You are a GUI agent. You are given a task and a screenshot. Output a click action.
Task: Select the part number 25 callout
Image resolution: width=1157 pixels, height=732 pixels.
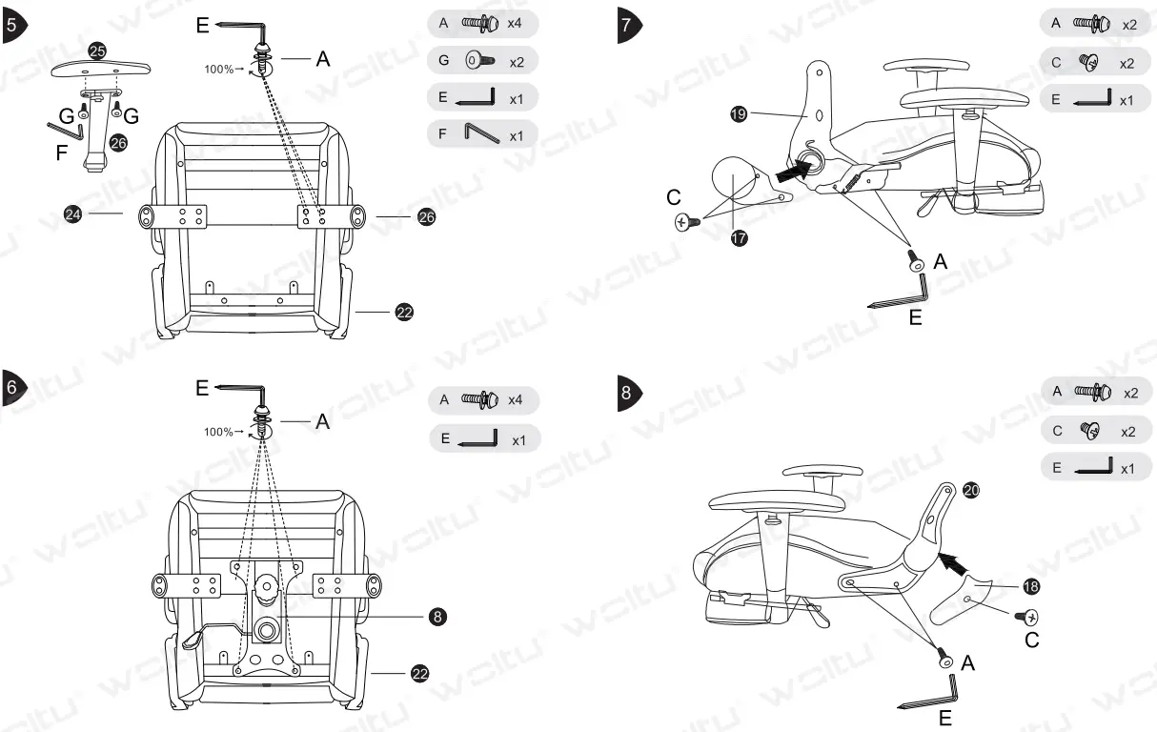click(x=97, y=51)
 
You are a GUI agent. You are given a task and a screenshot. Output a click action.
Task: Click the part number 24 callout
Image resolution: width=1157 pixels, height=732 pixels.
click(x=72, y=214)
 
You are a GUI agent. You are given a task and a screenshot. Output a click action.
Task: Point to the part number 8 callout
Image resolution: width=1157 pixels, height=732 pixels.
click(x=437, y=617)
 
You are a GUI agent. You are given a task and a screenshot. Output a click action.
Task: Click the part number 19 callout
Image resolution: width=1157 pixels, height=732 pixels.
click(x=738, y=113)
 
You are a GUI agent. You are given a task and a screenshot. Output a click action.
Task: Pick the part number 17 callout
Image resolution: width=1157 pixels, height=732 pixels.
click(x=738, y=238)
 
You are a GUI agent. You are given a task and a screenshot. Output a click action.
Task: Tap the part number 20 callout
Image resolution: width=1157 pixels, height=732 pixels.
click(x=971, y=490)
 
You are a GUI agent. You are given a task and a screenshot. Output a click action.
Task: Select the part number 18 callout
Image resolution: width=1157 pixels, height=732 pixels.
click(x=1031, y=586)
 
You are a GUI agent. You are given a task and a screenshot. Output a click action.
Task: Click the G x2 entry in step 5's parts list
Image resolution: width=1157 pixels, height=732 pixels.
click(x=483, y=61)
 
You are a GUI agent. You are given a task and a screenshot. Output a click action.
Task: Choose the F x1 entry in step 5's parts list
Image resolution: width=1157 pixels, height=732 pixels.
click(x=483, y=135)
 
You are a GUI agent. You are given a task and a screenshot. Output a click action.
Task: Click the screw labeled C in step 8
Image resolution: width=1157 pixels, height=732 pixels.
click(x=1030, y=617)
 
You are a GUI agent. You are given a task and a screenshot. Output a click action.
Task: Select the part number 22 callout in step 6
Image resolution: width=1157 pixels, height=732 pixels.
click(x=418, y=674)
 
